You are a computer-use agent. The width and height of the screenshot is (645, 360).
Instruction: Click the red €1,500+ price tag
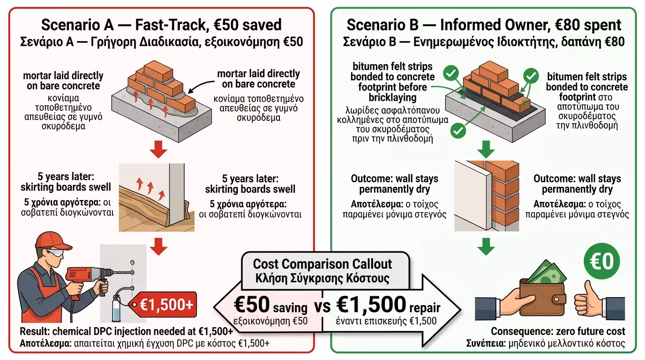[165, 305]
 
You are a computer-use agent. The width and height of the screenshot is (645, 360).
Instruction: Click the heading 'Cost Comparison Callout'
[322, 264]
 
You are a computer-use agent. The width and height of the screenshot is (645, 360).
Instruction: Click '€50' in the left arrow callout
[252, 305]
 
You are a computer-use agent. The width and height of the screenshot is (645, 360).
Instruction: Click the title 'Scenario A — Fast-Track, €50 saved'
[161, 25]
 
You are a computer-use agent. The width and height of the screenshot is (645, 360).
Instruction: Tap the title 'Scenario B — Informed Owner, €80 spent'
[484, 25]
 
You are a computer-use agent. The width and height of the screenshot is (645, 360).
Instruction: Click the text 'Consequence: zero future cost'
[558, 332]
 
